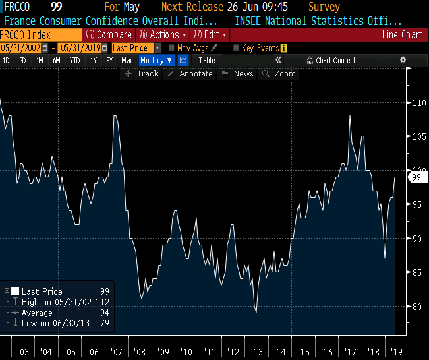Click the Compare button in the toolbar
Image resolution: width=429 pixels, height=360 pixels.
pos(109,34)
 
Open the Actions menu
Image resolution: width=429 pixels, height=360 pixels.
pos(162,34)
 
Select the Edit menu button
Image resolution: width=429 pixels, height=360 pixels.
pos(210,34)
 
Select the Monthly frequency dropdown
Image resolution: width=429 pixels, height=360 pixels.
pos(156,60)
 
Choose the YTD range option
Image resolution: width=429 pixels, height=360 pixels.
pos(75,60)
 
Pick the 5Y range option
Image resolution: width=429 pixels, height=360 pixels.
pos(109,60)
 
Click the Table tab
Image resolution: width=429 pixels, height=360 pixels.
pos(207,60)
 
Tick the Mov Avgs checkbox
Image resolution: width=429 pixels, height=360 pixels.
pos(172,47)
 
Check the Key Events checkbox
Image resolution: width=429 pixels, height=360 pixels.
pos(237,47)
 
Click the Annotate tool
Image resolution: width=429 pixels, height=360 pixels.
pos(190,74)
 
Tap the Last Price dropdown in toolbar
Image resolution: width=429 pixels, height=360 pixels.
pos(132,47)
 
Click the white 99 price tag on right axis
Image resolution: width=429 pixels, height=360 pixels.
pos(416,177)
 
